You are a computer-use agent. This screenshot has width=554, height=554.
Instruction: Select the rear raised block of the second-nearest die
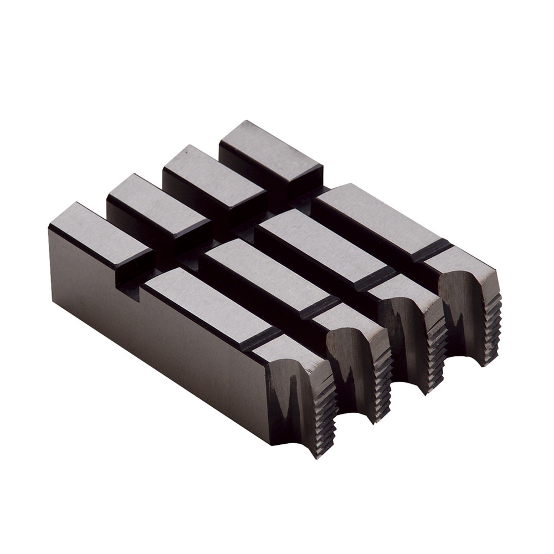click(158, 208)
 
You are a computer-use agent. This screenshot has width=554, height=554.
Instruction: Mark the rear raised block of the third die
click(213, 177)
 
